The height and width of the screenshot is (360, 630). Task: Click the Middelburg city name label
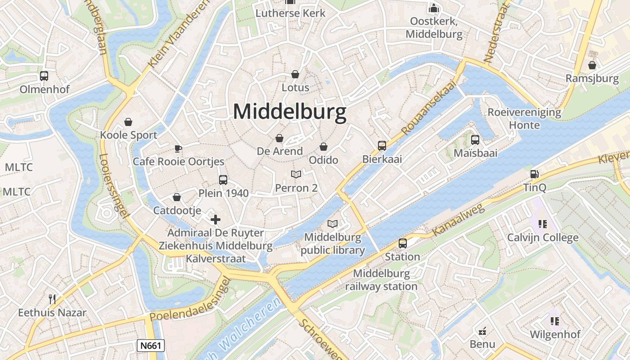point(290,112)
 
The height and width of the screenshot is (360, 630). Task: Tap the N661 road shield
point(151,346)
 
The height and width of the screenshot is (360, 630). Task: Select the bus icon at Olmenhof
point(44,76)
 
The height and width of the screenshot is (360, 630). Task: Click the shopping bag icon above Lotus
point(295,74)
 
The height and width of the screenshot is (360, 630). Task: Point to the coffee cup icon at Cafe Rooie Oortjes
point(178,148)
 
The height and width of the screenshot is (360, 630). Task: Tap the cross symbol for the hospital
point(216,220)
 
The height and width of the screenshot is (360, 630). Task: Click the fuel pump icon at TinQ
point(535,174)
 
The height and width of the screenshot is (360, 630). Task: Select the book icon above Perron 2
point(296,174)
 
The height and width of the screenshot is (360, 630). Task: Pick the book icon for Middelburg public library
point(333,224)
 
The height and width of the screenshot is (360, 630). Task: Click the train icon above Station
point(402,243)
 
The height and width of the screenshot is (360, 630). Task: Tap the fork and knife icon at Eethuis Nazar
point(52,299)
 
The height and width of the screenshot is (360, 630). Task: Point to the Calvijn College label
point(543,238)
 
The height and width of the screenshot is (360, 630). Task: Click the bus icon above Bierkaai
point(382,145)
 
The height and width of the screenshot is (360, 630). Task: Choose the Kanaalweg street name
point(458,220)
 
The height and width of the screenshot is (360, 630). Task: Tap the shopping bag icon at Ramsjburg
point(592,65)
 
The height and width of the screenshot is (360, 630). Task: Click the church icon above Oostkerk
point(434,8)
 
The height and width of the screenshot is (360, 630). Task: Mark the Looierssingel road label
point(113,187)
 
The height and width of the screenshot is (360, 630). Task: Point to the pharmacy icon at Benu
point(482,332)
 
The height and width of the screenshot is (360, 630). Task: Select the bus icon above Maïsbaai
point(475,140)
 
